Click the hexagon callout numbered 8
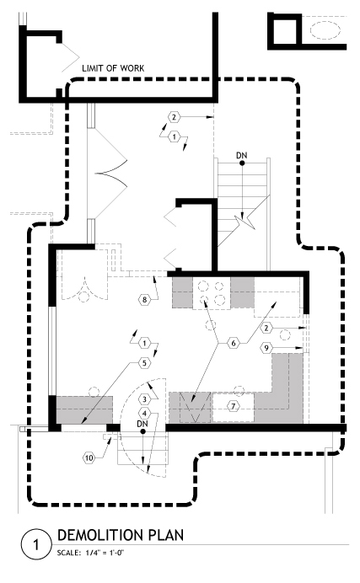pos(145,300)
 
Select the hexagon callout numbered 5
pos(145,363)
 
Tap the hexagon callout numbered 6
pos(234,343)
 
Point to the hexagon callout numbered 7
pos(234,405)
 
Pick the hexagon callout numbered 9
pos(266,348)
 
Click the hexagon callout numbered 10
pos(89,457)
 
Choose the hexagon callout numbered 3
pos(145,399)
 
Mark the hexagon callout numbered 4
pos(145,414)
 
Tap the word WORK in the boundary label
pos(132,68)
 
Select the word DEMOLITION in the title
pos(101,535)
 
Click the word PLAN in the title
pos(166,535)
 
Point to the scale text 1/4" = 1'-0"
pos(105,553)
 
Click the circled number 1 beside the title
pos(35,545)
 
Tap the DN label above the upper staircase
pos(242,155)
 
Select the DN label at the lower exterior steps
pos(142,424)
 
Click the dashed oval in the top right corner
pos(325,29)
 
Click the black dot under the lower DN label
pos(142,431)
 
